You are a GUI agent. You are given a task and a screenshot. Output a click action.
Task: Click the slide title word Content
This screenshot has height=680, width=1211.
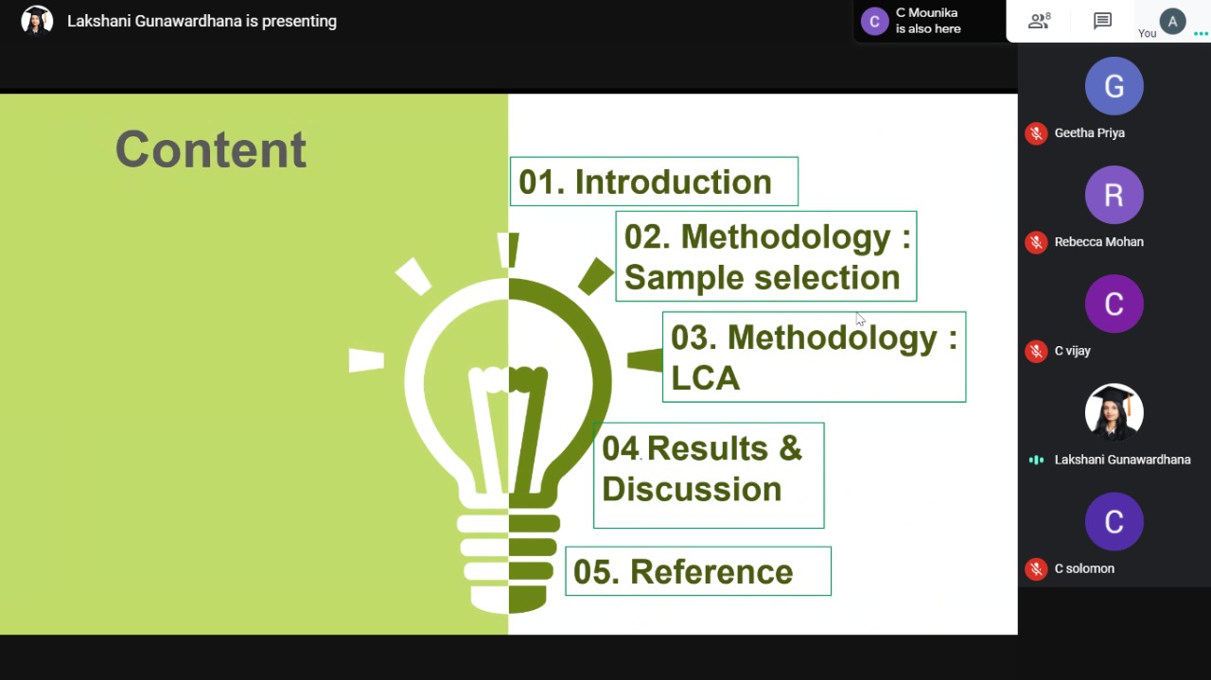[x=211, y=149]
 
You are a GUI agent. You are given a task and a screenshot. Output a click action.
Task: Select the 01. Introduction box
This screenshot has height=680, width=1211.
[x=654, y=181]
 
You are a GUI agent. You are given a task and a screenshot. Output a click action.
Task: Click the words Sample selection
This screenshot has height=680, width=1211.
[x=763, y=278]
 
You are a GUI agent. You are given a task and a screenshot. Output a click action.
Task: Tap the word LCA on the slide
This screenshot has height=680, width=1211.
[x=705, y=377]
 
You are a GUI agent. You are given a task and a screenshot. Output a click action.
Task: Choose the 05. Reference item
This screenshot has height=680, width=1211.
[x=698, y=571]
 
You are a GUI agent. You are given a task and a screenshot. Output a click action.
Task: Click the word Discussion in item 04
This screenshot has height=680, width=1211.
[x=692, y=489]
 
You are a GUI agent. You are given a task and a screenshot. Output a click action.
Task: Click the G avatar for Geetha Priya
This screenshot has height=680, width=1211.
[x=1114, y=86]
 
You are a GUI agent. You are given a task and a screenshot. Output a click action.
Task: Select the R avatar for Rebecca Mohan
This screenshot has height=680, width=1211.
[x=1114, y=195]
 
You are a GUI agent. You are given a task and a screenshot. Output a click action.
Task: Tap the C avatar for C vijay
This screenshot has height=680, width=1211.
[x=1114, y=304]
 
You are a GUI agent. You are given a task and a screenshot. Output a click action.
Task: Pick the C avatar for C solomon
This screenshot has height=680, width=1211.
[x=1114, y=522]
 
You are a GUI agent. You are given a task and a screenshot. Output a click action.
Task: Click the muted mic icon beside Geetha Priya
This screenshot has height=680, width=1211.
[x=1036, y=133]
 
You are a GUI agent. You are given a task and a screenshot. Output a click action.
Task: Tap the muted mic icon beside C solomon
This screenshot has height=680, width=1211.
[x=1036, y=569]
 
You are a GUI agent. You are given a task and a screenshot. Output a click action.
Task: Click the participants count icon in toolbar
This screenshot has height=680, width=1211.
[x=1039, y=21]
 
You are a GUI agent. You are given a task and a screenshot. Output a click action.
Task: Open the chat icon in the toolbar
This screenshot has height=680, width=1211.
[x=1102, y=21]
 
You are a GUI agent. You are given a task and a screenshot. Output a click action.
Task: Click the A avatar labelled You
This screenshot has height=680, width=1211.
[x=1172, y=22]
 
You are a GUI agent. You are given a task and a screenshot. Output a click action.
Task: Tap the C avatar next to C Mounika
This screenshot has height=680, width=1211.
[x=875, y=22]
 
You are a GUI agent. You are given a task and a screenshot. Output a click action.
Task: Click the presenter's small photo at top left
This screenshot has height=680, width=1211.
[x=37, y=21]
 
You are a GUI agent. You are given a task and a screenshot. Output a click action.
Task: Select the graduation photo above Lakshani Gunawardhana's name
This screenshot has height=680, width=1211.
[x=1114, y=412]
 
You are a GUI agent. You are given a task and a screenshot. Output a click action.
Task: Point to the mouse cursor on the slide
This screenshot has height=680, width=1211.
[x=860, y=320]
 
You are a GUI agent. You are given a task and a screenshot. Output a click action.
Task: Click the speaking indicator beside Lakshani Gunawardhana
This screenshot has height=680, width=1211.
[x=1036, y=460]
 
